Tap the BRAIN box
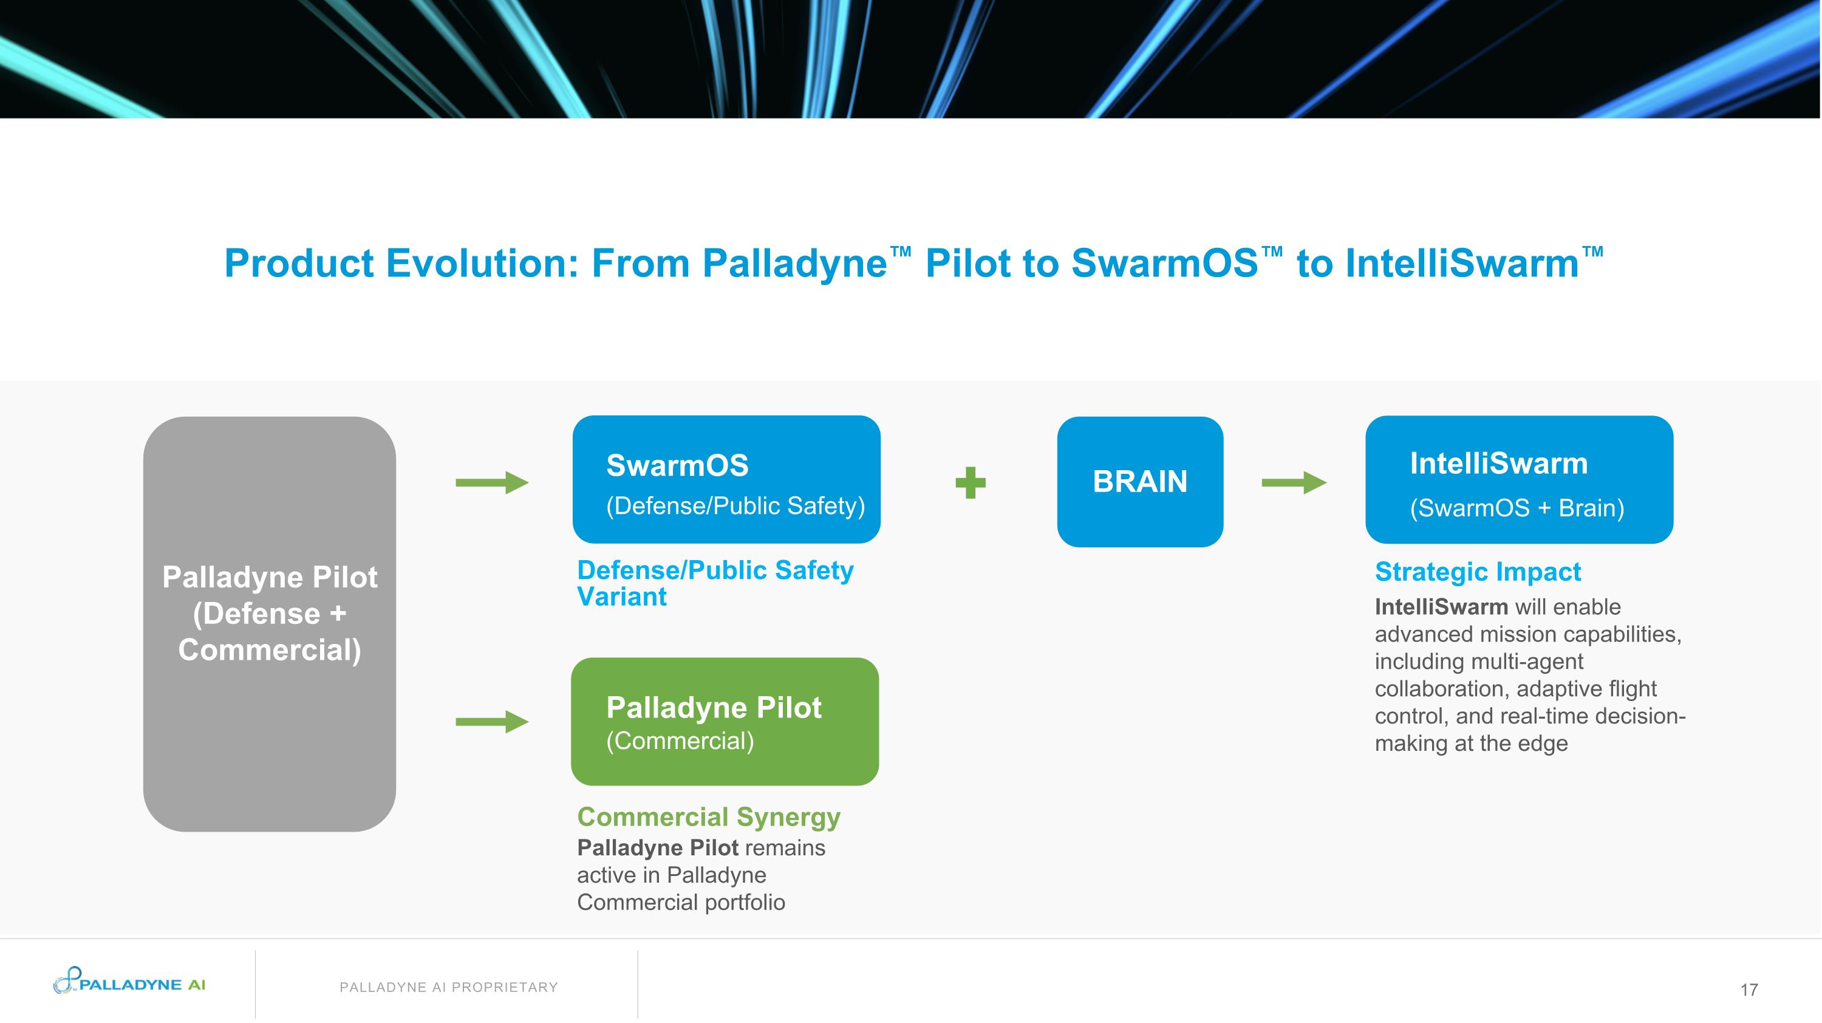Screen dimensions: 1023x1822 coord(1139,481)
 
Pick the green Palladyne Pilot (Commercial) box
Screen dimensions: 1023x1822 coord(725,721)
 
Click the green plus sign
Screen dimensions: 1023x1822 coord(970,482)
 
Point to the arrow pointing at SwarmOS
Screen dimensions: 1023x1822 coord(491,482)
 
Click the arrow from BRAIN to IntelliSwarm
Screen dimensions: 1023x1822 coord(1294,482)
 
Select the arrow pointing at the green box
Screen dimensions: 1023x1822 coord(491,722)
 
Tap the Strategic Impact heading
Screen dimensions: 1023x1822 coord(1477,571)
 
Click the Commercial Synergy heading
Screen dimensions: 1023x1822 coord(708,816)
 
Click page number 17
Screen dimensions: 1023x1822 coord(1749,989)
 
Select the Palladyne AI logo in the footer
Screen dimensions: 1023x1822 coord(129,982)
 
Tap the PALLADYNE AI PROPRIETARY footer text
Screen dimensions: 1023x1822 coord(448,987)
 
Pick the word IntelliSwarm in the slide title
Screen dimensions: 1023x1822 coord(1461,263)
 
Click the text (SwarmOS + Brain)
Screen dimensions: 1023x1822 coord(1517,507)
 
